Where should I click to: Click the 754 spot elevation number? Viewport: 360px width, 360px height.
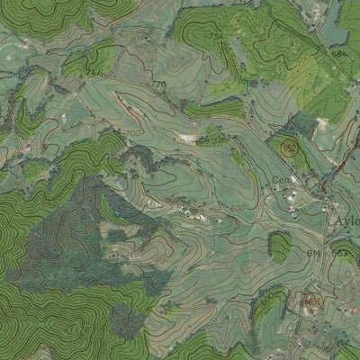pyautogui.click(x=217, y=35)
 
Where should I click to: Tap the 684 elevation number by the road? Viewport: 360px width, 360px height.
pyautogui.click(x=337, y=55)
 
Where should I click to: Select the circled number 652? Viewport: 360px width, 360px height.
pyautogui.click(x=289, y=147)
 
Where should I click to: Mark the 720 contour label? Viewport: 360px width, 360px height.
pyautogui.click(x=159, y=85)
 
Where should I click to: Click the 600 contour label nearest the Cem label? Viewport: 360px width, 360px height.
pyautogui.click(x=237, y=208)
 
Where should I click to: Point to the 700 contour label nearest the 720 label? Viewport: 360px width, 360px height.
pyautogui.click(x=134, y=133)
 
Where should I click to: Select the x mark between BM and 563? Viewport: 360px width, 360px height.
pyautogui.click(x=326, y=255)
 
